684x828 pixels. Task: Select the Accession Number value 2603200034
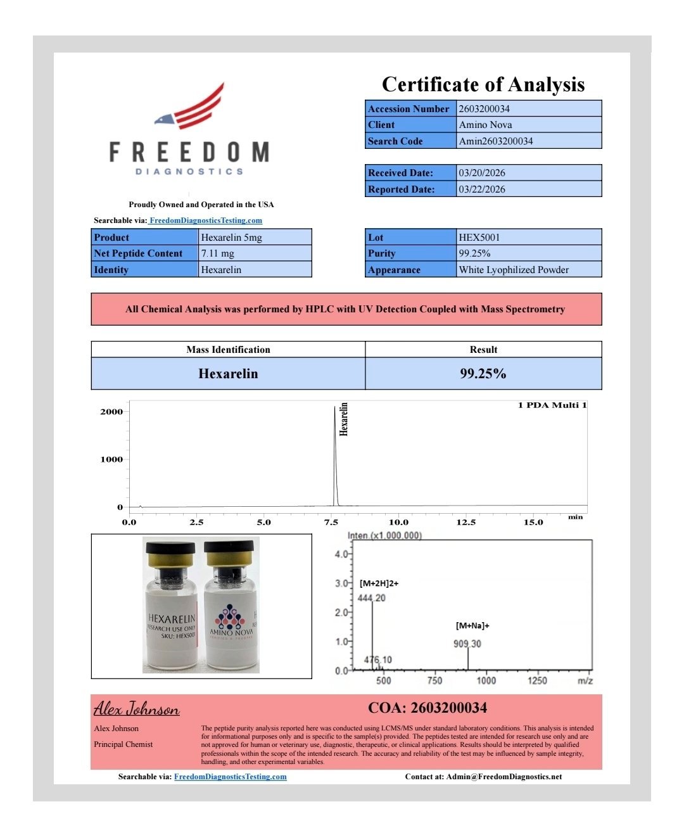point(484,109)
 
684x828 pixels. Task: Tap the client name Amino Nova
point(485,125)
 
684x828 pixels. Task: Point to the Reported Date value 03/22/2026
point(482,189)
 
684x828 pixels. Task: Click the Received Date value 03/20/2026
point(482,173)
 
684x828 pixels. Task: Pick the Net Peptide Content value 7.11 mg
point(217,253)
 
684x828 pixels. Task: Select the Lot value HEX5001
point(479,238)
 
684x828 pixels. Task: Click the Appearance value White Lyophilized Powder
point(514,270)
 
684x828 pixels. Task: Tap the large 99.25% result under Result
point(483,374)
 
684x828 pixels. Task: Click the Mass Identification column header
point(228,350)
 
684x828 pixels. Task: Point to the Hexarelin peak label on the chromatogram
point(344,419)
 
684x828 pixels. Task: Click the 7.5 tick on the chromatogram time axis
point(331,523)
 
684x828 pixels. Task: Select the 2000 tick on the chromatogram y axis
point(111,412)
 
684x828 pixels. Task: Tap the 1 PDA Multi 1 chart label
point(552,405)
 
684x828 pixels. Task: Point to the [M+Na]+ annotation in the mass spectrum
point(472,626)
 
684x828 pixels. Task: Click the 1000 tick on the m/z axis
point(486,680)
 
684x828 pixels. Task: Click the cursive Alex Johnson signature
point(137,708)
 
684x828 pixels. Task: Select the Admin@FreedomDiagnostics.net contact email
point(503,777)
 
